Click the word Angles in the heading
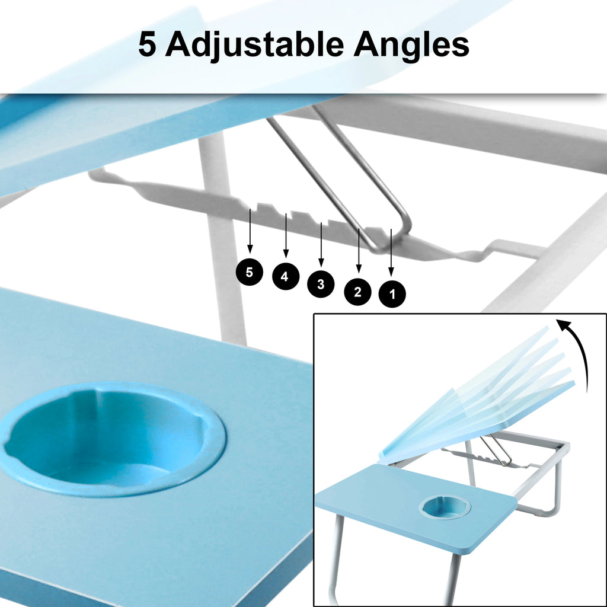(411, 45)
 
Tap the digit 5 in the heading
(147, 45)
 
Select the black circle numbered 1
(392, 293)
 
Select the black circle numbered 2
(357, 291)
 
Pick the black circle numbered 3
(321, 284)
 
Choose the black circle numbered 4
(285, 277)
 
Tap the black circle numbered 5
(250, 272)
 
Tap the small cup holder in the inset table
(445, 507)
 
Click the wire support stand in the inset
(496, 451)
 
